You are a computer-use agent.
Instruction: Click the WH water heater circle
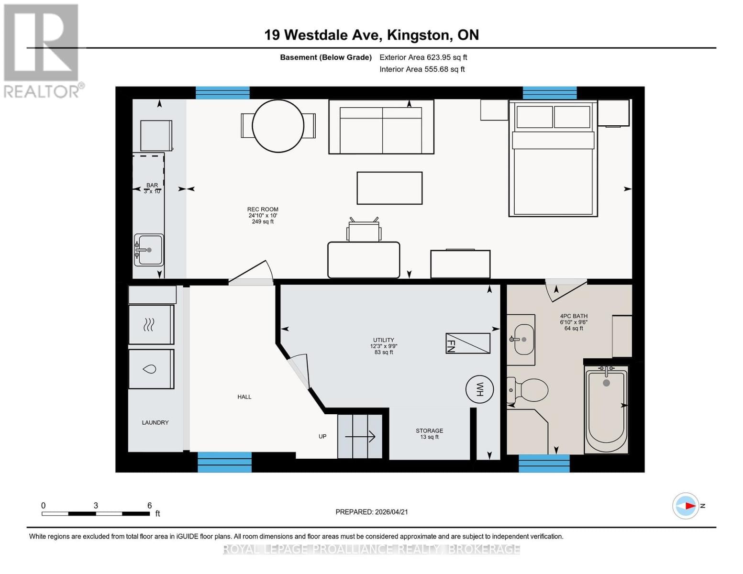tap(479, 389)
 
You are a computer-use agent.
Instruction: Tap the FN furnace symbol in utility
tap(467, 343)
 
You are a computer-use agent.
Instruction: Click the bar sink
tap(148, 250)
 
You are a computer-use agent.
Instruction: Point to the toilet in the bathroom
tap(529, 390)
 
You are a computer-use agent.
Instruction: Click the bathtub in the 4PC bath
tap(606, 409)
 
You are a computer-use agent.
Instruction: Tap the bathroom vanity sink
tap(521, 339)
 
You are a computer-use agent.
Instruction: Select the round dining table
tap(278, 126)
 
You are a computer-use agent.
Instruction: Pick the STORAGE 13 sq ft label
tap(429, 434)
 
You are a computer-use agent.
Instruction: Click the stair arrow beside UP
tap(360, 436)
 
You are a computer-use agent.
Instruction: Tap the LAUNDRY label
tap(155, 422)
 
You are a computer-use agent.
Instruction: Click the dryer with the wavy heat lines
tap(151, 325)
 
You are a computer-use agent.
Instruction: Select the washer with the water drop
tap(151, 369)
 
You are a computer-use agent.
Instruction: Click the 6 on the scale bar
tap(149, 505)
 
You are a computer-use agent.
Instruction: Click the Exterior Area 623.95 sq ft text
tap(423, 57)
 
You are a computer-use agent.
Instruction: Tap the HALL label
tap(244, 397)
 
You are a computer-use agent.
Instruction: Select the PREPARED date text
tap(371, 512)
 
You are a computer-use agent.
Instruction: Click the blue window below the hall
tap(224, 462)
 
